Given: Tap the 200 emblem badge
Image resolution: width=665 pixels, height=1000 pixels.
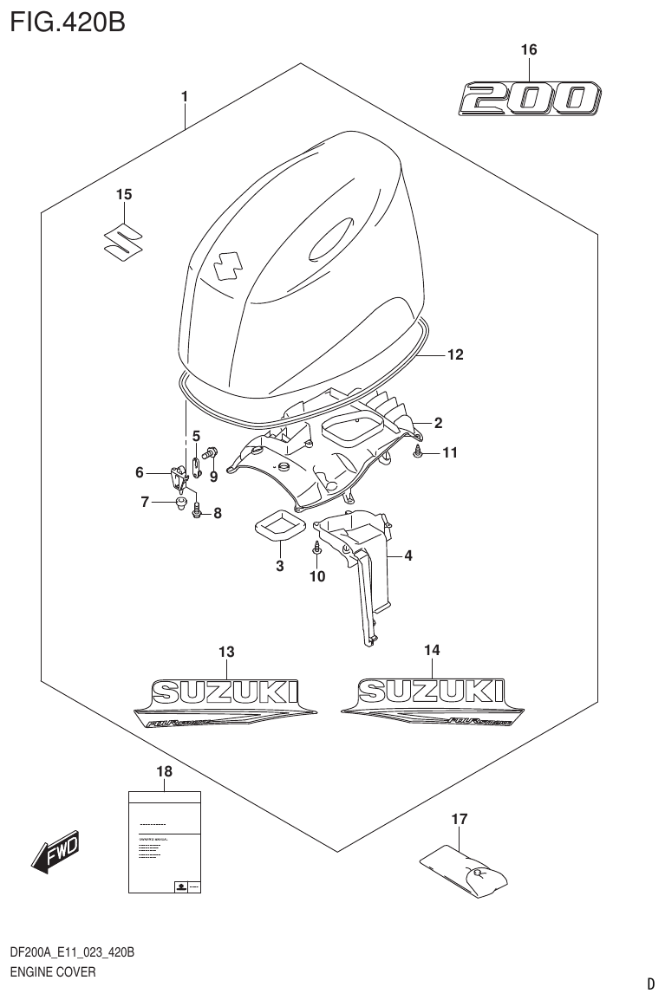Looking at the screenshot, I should tap(528, 98).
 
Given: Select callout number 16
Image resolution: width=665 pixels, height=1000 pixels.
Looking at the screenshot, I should tap(528, 50).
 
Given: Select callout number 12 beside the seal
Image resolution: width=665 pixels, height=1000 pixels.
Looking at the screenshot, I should tap(455, 354).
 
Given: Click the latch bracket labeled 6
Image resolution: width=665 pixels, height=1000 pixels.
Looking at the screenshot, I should tap(179, 475).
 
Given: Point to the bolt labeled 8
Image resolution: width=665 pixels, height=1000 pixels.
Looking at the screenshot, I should tap(198, 512).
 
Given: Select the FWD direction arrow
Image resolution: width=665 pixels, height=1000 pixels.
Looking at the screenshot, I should tap(57, 851).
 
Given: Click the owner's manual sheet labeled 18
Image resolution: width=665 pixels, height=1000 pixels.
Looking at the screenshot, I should tap(165, 841).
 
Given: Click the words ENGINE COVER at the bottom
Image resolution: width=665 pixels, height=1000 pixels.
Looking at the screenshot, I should tap(51, 972).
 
